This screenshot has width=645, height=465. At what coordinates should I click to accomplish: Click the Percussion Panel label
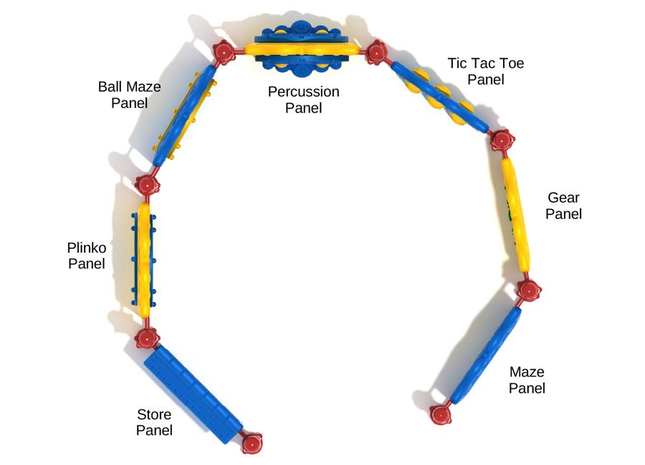303,100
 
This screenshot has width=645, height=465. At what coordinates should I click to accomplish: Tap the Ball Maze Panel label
129,94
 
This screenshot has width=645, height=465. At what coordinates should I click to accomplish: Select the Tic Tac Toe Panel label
485,71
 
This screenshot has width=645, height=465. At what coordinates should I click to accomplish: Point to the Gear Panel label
563,205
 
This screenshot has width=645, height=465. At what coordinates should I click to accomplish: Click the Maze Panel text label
527,380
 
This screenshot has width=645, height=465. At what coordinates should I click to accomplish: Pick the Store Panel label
154,422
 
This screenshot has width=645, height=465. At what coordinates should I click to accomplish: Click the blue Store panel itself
193,394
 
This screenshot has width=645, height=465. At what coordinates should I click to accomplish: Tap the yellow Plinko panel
145,260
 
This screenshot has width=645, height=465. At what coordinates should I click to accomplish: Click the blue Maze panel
487,355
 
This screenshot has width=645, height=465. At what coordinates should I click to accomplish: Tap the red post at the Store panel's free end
252,444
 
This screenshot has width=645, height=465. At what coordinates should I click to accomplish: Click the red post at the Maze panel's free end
441,413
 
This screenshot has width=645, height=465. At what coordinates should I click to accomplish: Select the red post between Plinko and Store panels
148,337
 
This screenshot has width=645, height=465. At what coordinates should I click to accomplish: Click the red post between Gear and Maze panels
529,290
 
